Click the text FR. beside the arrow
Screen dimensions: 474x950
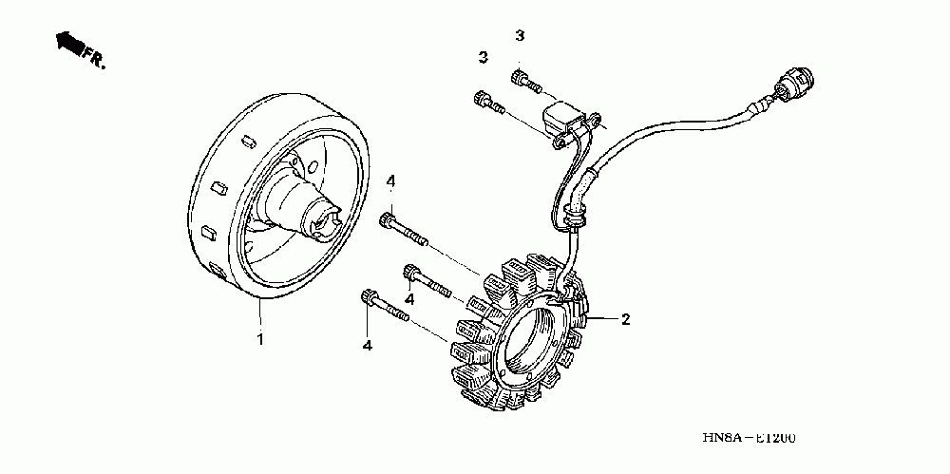coord(94,58)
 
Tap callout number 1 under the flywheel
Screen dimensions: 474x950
coord(258,339)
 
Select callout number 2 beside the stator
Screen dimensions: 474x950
coord(625,319)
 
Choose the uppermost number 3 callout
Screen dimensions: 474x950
coord(519,36)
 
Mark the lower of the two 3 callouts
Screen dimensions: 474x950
coord(483,58)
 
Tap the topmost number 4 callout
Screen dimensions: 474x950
coord(389,180)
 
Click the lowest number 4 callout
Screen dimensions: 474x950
coord(367,344)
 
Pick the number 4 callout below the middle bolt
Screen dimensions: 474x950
coord(410,300)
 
